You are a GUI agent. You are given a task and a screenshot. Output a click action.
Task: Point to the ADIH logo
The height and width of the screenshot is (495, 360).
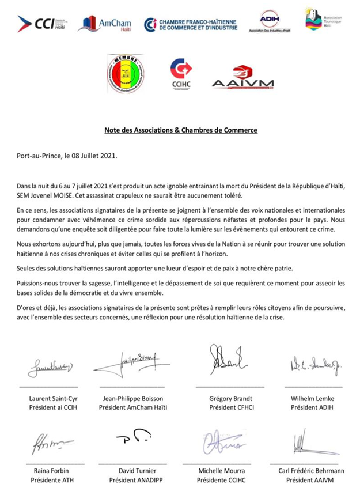tap(270, 21)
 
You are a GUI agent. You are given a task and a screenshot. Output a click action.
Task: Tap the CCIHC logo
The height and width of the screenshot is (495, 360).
tap(181, 73)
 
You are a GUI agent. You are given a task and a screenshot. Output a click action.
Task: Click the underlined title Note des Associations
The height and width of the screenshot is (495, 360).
tap(180, 130)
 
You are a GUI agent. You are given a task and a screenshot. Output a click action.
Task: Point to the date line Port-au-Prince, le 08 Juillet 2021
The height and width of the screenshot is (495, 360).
tap(67, 157)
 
